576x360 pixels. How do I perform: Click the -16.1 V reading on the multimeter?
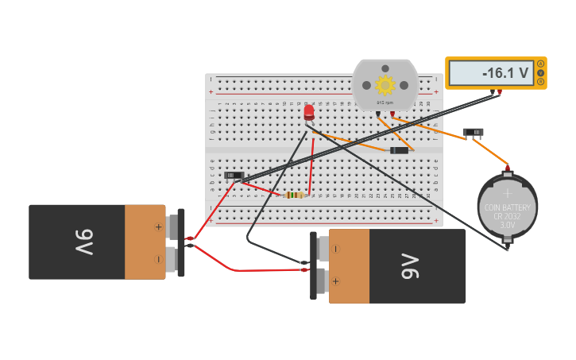click(x=505, y=73)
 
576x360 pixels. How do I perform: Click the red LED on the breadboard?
click(x=309, y=112)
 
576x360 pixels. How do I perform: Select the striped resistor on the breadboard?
click(x=295, y=195)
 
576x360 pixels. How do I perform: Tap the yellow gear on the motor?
click(x=385, y=84)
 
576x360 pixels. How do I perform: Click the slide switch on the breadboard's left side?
click(x=234, y=175)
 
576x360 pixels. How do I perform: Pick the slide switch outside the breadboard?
click(x=473, y=132)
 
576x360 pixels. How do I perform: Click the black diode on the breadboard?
click(x=399, y=150)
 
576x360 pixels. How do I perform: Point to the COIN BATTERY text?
click(x=507, y=207)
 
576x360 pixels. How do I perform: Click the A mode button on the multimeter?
click(x=541, y=64)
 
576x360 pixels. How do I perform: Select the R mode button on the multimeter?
click(x=541, y=81)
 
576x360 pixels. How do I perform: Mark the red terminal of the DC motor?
click(x=392, y=114)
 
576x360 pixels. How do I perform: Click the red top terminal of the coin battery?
click(x=507, y=168)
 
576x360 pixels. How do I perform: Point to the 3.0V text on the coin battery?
click(x=507, y=225)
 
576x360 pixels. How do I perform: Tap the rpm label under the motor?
click(x=385, y=103)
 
